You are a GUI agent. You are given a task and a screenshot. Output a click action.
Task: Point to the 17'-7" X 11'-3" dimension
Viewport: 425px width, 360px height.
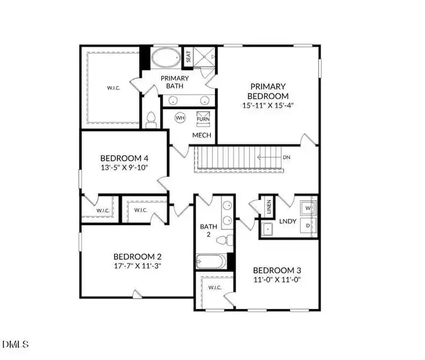pyautogui.click(x=137, y=265)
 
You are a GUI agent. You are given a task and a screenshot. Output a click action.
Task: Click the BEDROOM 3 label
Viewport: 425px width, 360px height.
pyautogui.click(x=276, y=269)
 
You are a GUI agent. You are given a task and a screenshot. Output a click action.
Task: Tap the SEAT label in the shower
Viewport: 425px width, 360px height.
pyautogui.click(x=188, y=58)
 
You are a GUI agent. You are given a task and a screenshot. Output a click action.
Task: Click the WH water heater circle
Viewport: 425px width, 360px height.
pyautogui.click(x=180, y=118)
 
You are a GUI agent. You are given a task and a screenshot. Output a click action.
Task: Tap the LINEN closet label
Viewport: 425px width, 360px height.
pyautogui.click(x=269, y=208)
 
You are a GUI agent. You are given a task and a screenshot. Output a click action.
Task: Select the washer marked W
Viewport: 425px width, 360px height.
pyautogui.click(x=309, y=208)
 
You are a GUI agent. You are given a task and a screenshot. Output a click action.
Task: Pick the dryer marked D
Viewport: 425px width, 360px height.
pyautogui.click(x=309, y=226)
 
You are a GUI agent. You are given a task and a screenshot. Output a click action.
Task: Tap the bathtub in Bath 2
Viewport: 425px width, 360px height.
pyautogui.click(x=211, y=262)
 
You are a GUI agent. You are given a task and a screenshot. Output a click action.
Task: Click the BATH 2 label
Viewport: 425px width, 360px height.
pyautogui.click(x=208, y=231)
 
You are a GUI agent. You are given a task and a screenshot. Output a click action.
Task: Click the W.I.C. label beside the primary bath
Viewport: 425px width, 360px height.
pyautogui.click(x=113, y=88)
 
